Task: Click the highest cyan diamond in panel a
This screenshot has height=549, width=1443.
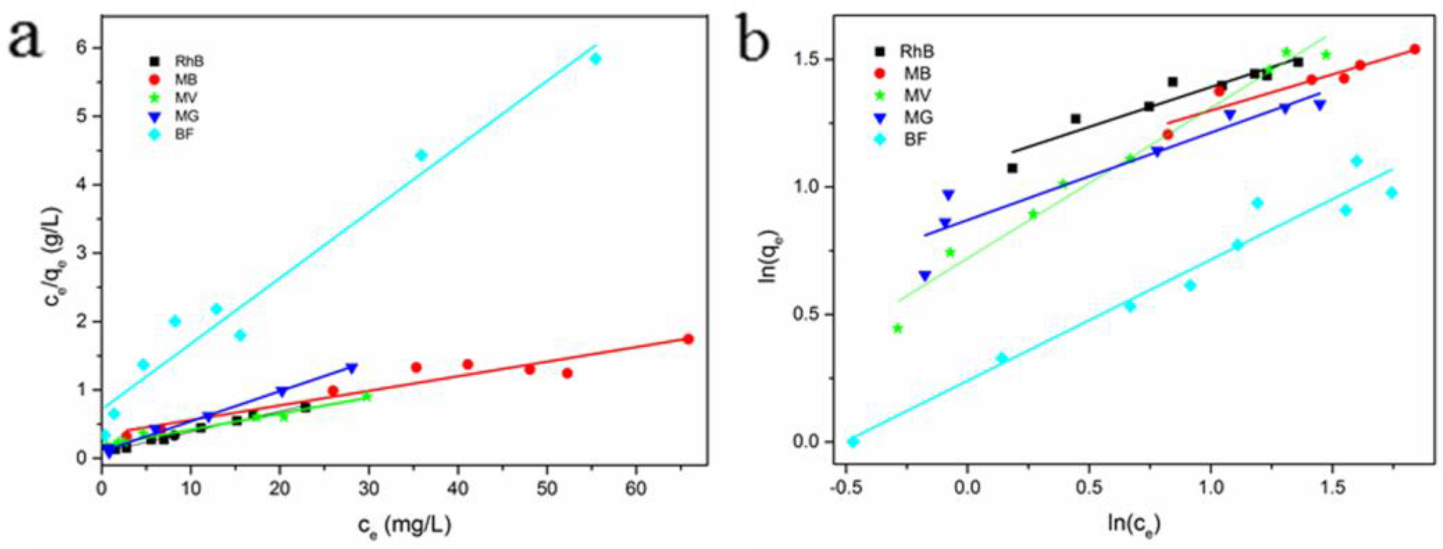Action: pos(595,59)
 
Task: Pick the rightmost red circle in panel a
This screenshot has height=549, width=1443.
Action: pos(688,339)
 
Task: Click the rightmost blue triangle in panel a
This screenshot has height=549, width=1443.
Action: pos(352,368)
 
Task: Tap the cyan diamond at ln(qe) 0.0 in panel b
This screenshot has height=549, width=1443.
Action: pos(853,442)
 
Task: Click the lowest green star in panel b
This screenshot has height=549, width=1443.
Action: pos(898,328)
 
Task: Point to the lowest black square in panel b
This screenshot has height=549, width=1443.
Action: pos(1012,168)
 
